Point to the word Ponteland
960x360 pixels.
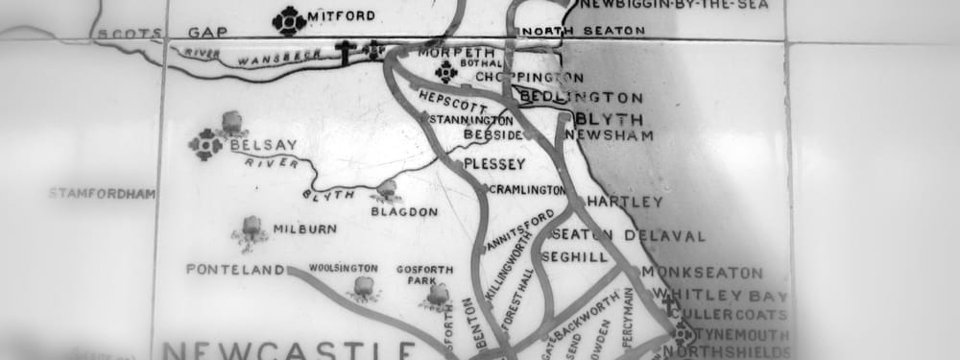pos(236,270)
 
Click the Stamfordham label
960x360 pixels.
pos(102,194)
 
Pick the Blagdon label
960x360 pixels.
pos(404,211)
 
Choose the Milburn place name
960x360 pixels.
pos(304,229)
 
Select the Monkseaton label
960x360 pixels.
pos(703,273)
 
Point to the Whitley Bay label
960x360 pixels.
pos(715,296)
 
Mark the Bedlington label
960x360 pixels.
pos(581,97)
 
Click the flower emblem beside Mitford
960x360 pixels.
pos(289,19)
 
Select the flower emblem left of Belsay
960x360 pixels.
pos(205,145)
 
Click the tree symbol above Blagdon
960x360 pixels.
pos(388,189)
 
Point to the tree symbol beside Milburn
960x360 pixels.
pos(251,228)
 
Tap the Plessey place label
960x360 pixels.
pos(494,164)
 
